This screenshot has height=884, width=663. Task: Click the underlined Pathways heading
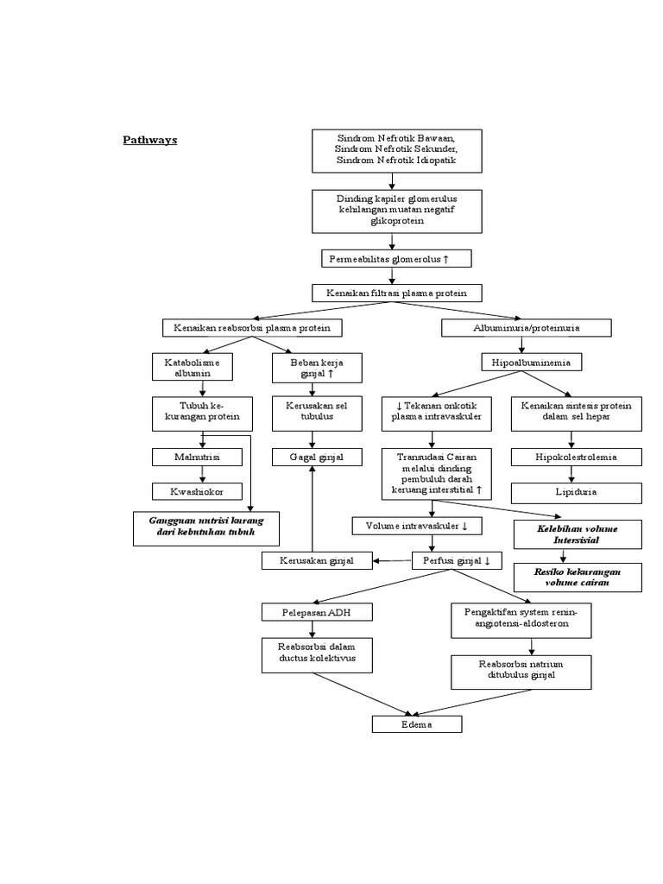tap(149, 140)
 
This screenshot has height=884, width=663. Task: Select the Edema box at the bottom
tap(417, 724)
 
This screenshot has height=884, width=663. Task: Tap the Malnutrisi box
tap(202, 457)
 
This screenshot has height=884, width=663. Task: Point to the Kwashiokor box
tap(202, 491)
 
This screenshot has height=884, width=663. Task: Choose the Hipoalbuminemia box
tap(531, 362)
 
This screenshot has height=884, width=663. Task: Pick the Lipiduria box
tap(577, 492)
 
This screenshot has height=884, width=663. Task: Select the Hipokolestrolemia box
tap(577, 457)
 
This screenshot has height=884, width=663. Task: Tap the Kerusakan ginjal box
tap(316, 561)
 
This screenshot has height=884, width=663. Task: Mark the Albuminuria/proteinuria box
tap(527, 328)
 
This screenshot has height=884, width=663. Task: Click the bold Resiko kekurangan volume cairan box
tap(577, 578)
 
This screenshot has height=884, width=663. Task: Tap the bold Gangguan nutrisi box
tap(206, 527)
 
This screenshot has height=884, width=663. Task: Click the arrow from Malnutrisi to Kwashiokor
tap(203, 474)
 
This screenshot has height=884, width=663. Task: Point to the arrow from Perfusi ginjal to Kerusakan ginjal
tap(394, 561)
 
